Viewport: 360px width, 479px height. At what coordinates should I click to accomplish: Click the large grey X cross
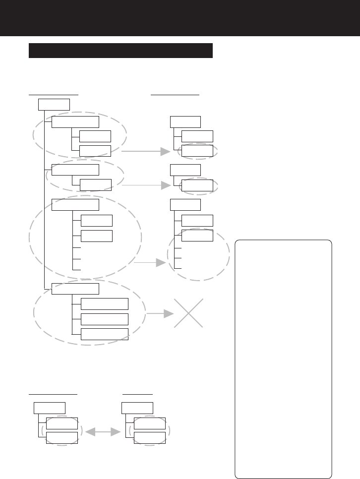coord(188,313)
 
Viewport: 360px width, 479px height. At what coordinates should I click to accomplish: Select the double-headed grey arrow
coord(103,432)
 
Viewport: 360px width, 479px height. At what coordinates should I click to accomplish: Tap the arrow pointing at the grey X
coord(160,313)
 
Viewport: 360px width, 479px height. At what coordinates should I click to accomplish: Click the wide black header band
coord(180,18)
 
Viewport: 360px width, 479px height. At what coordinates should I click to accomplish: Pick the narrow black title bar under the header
coord(120,51)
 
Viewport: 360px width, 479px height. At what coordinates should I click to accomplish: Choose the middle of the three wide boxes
coord(104,319)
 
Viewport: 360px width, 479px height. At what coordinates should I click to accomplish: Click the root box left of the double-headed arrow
coord(50,408)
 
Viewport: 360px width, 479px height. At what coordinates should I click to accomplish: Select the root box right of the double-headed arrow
coord(137,408)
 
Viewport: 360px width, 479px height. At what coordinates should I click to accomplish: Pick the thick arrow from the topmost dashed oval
coord(146,152)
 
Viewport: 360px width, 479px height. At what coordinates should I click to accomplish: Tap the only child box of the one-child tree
coord(197,185)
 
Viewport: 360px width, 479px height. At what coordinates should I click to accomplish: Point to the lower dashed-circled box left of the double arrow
coord(61,438)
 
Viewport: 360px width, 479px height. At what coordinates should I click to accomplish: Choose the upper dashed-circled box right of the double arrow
coord(149,423)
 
